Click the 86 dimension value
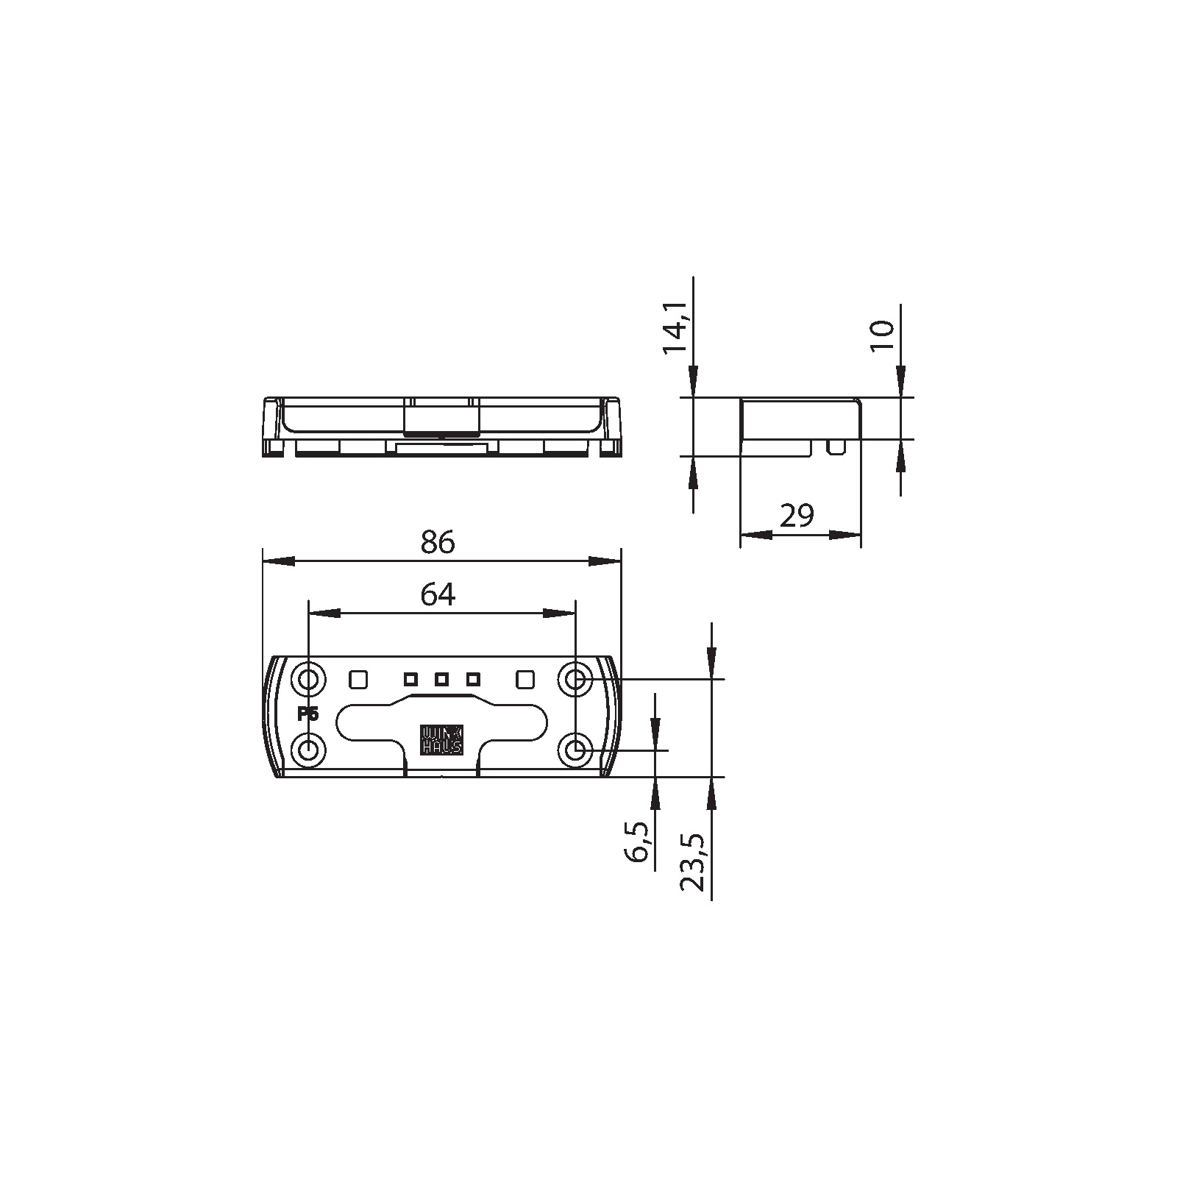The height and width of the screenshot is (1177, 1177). pyautogui.click(x=438, y=543)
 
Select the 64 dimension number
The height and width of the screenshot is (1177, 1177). pyautogui.click(x=438, y=594)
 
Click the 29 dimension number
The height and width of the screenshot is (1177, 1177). pyautogui.click(x=797, y=516)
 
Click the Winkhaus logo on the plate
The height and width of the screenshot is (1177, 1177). pyautogui.click(x=441, y=741)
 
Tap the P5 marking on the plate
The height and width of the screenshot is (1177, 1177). pyautogui.click(x=307, y=714)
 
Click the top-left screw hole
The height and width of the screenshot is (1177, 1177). pyautogui.click(x=308, y=678)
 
